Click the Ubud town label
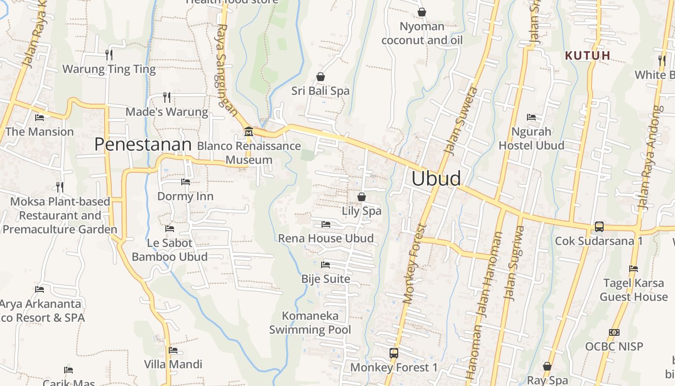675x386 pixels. pos(436,179)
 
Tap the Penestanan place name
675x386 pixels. pos(143,144)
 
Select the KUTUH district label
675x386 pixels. pos(588,55)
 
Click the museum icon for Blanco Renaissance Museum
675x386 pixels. pos(249,131)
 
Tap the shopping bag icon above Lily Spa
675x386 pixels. pos(361,197)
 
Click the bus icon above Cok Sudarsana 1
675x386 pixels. pos(599,226)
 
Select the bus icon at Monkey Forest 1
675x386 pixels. pos(394,353)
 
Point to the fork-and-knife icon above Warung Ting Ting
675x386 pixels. pos(109,55)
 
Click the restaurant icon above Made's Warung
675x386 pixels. pos(167,97)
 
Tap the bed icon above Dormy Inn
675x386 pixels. pos(185,182)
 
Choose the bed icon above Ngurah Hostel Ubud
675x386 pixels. pos(531,117)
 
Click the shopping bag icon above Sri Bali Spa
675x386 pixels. pos(320,77)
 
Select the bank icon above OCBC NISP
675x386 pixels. pos(614,332)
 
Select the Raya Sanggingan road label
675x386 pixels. pos(225,70)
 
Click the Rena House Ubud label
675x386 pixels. pos(326,238)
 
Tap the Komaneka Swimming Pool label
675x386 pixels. pos(310,323)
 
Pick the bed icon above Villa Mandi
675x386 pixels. pos(173,350)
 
